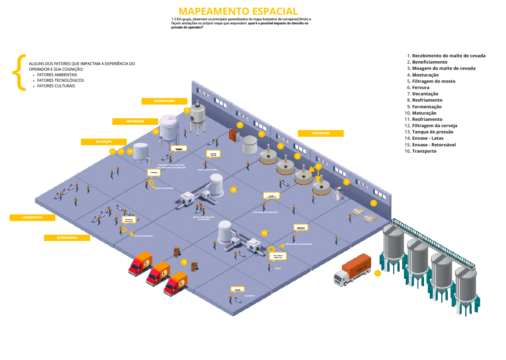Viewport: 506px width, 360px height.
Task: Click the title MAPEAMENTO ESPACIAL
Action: click(x=238, y=11)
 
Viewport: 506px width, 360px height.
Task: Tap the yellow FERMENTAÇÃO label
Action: click(x=164, y=101)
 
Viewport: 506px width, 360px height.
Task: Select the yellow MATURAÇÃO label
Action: click(x=135, y=121)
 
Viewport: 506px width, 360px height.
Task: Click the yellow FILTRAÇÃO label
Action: click(x=104, y=142)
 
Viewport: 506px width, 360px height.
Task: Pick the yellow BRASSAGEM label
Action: click(x=320, y=133)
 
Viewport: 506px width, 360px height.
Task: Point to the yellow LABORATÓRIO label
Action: click(x=33, y=217)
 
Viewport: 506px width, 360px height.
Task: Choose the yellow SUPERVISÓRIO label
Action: click(x=67, y=238)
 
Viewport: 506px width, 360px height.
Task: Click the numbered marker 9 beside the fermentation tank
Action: click(x=187, y=110)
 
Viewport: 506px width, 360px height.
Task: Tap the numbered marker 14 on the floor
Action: click(x=233, y=190)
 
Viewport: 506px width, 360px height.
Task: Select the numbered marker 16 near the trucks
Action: click(x=184, y=262)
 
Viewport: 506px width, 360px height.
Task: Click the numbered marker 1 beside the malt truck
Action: click(x=377, y=273)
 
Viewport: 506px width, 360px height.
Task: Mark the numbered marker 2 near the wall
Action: click(x=373, y=203)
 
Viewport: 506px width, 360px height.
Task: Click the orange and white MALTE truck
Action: click(x=353, y=270)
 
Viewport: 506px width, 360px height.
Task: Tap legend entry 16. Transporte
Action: click(x=421, y=151)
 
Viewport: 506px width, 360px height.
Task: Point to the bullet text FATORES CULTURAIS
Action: click(x=56, y=86)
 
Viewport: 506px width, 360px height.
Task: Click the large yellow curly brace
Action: click(x=20, y=72)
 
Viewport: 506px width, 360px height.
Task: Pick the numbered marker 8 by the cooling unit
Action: click(x=240, y=125)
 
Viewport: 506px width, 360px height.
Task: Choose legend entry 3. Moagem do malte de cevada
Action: click(x=441, y=68)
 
